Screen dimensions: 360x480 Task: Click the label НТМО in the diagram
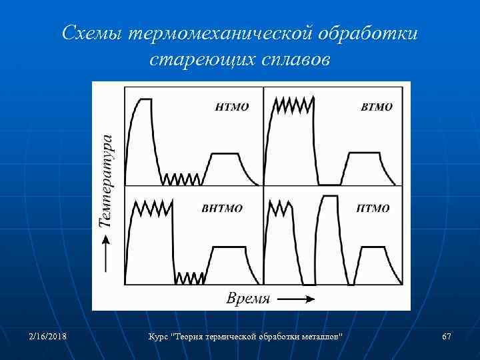[233, 106]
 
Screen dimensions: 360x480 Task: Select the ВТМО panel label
[376, 107]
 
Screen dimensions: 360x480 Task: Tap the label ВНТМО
[222, 208]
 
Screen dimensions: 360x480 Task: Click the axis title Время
[248, 298]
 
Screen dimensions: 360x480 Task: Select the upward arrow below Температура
[106, 257]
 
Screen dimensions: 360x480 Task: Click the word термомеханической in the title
[221, 33]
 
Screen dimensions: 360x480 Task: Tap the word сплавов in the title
[294, 59]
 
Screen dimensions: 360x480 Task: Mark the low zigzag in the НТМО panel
[181, 179]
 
